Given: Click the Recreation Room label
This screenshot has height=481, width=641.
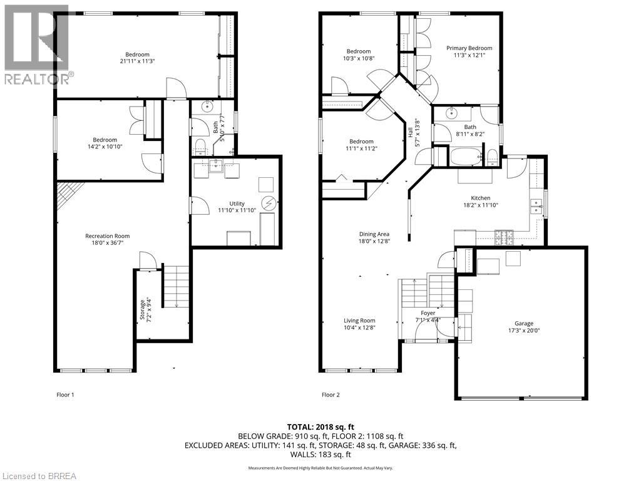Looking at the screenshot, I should pos(107,236).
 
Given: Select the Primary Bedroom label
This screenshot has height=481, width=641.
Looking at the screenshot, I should pos(469,48).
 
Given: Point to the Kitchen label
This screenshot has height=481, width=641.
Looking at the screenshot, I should pos(481,198).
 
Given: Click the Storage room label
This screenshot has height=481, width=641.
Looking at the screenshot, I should pos(141,302).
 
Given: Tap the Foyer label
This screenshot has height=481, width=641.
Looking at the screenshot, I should pos(428,313).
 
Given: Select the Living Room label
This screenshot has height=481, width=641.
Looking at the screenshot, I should pos(359,321).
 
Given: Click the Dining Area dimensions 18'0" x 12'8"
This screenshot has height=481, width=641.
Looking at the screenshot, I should pos(374,241).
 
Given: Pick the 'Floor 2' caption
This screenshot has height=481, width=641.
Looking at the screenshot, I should pos(331,395).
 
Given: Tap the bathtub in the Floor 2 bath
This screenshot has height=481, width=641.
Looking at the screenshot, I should pos(464,157).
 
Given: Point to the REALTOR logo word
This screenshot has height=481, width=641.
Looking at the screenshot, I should pos(38,79).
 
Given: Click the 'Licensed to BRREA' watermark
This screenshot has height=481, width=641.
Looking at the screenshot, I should pos(39,475).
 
